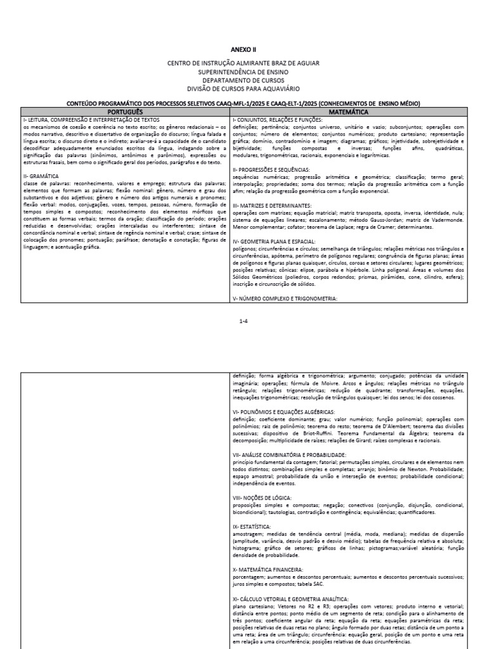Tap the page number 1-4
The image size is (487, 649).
[243, 321]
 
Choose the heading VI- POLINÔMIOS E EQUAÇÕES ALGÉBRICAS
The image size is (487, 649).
[289, 412]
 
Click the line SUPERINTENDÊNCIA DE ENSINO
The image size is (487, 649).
[243, 72]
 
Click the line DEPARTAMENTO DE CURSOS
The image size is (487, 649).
[243, 80]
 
